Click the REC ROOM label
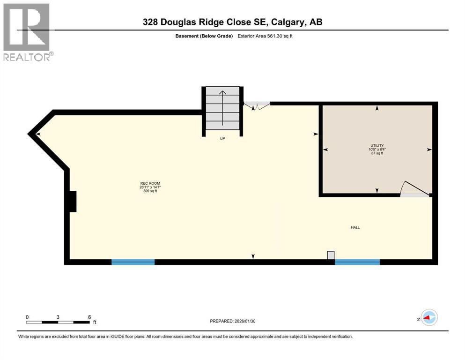point(147,183)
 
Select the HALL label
point(355,227)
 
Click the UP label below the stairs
point(223,139)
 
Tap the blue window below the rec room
point(133,262)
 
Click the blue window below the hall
point(357,262)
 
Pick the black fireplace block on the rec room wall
point(72,202)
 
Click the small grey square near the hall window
point(331,255)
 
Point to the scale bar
point(58,322)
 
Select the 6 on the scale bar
point(89,317)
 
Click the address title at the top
point(233,22)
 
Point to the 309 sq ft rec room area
point(147,191)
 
